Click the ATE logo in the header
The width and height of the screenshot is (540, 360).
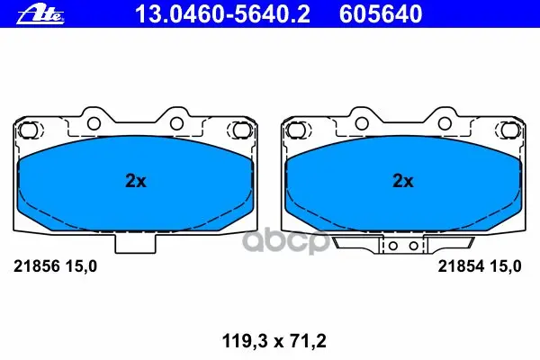pos(40,14)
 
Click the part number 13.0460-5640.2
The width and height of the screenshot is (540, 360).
pos(222,14)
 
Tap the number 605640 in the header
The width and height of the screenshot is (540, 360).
pos(381,14)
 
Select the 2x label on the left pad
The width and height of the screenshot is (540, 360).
pos(136,181)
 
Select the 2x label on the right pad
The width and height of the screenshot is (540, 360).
pos(403,181)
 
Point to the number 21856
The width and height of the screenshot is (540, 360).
pos(37,266)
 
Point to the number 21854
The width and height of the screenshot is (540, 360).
pos(462,266)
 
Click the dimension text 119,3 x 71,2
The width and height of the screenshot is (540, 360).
pos(274,341)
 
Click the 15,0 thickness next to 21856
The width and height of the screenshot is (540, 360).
pos(81,266)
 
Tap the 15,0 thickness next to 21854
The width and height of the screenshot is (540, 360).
pos(506,266)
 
